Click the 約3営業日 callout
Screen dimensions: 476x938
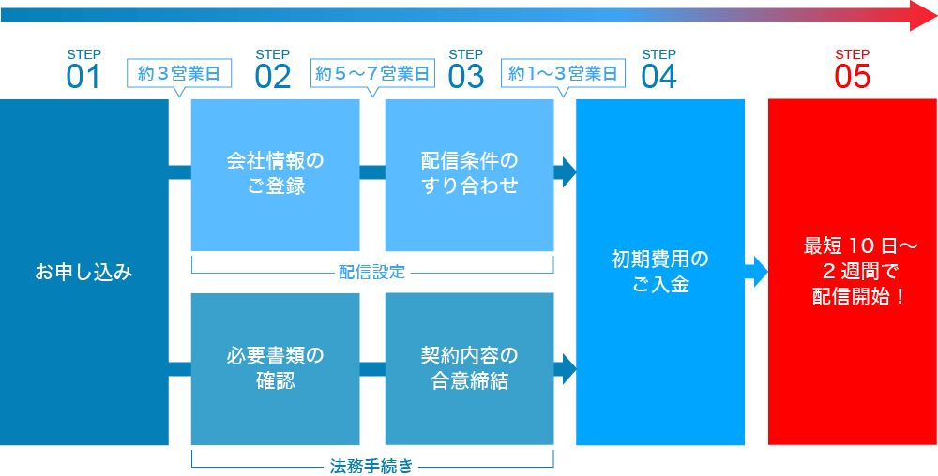(x=179, y=73)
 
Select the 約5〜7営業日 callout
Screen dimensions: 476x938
(x=372, y=73)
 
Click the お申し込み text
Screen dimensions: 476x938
(x=84, y=273)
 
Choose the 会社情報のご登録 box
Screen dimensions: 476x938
(x=275, y=174)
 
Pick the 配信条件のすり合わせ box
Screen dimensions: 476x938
(x=469, y=174)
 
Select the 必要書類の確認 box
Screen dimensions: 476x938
(x=275, y=368)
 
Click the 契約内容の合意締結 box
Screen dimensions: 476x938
(x=469, y=368)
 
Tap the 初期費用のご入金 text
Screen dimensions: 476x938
(x=660, y=272)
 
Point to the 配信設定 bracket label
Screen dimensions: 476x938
(x=372, y=273)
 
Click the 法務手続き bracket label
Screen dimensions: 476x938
(x=372, y=466)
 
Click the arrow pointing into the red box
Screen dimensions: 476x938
(x=758, y=272)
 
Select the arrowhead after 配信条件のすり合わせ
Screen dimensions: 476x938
(x=568, y=171)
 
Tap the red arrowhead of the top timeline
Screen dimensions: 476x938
(x=923, y=15)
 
